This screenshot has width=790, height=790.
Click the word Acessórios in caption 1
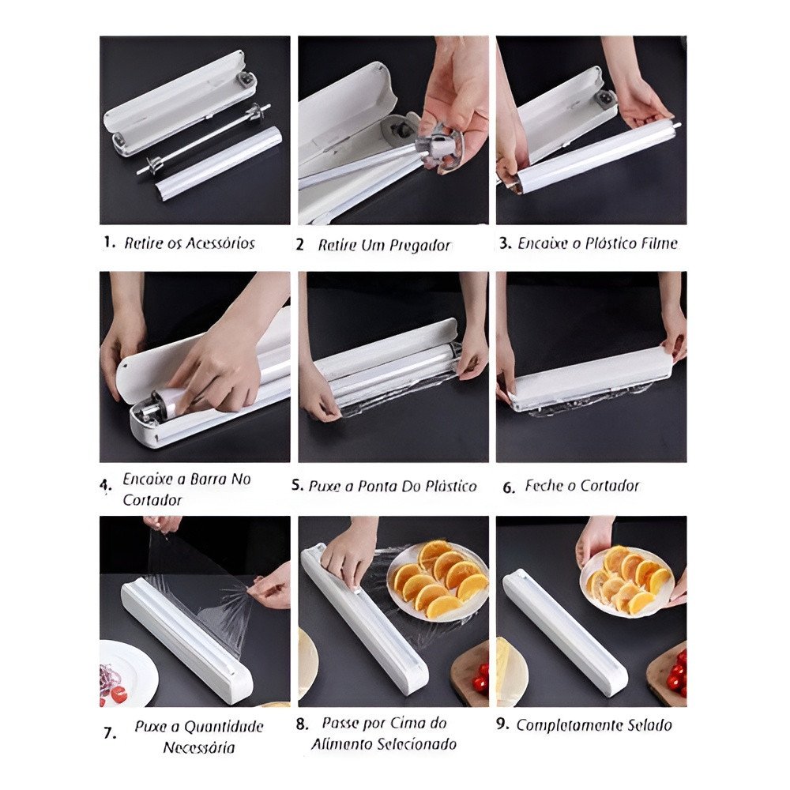220,243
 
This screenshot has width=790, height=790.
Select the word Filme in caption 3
659,243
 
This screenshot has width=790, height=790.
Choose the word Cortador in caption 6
610,486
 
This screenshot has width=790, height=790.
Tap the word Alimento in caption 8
336,744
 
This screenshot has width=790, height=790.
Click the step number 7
109,733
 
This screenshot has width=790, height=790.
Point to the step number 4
105,486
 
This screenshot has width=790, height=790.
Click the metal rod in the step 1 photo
203,139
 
